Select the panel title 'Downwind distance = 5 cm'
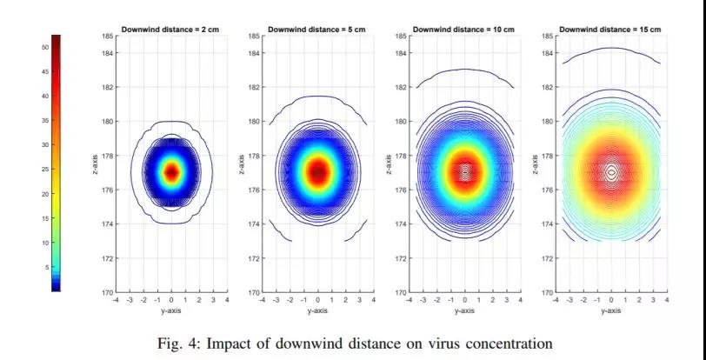(316, 30)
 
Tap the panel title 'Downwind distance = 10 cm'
(463, 30)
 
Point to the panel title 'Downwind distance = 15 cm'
(610, 30)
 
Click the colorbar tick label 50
(45, 47)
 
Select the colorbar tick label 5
(46, 267)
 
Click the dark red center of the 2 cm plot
(171, 172)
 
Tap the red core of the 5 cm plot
(318, 171)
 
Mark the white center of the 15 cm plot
(611, 172)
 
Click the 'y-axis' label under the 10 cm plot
(464, 310)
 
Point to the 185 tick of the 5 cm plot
(255, 37)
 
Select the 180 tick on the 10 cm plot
(401, 122)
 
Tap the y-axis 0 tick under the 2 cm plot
(171, 301)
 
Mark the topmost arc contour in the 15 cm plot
(611, 49)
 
